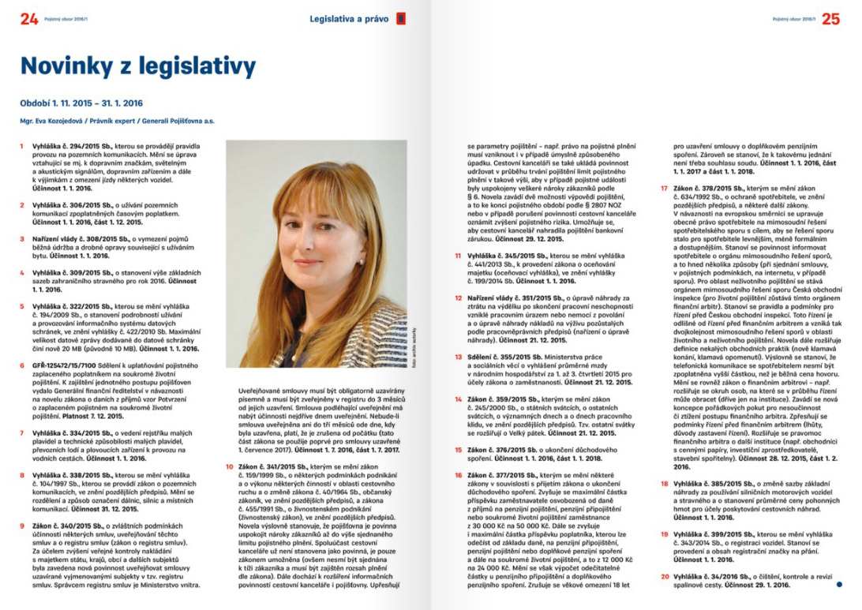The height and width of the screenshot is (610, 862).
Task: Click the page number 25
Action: coord(830,20)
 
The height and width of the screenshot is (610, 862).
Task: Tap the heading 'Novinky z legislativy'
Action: coord(138,66)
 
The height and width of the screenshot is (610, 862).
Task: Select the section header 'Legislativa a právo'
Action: coord(349,19)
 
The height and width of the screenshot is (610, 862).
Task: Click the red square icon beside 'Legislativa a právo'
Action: coord(401,19)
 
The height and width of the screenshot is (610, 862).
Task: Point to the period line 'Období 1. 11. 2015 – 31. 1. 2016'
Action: coord(81,103)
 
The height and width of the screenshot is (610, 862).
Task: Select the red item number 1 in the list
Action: coord(22,148)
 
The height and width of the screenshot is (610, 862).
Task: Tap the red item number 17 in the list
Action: coord(664,189)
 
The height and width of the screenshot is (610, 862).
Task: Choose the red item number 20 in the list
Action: coord(664,577)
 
